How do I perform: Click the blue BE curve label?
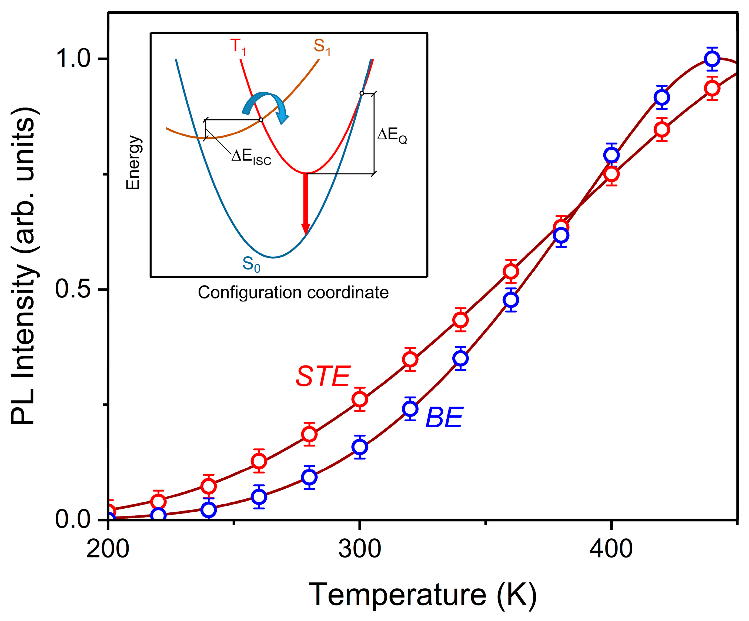pos(444,417)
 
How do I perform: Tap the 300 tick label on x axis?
pos(360,549)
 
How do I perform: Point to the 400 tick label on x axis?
pos(611,549)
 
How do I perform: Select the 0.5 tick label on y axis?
pos(73,289)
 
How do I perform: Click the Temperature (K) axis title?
pos(422,595)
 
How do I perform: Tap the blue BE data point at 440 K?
pos(712,59)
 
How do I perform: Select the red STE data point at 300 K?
pos(360,399)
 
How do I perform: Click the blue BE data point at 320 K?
pos(410,408)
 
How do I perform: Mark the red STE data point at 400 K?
pos(611,174)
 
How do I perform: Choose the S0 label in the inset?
pos(251,264)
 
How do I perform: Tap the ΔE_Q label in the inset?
pos(392,136)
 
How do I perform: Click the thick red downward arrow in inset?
pos(306,203)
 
